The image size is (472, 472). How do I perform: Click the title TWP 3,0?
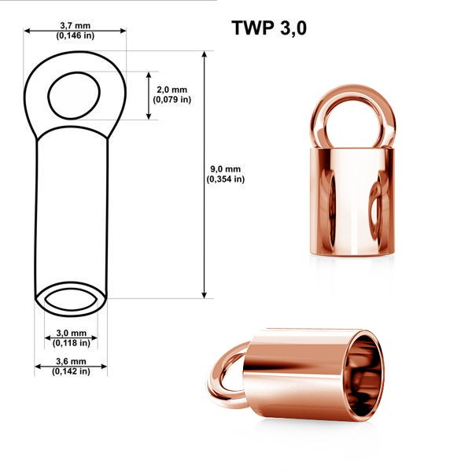269,28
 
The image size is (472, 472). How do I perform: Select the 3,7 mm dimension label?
76,26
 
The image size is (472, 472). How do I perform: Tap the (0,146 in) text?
76,35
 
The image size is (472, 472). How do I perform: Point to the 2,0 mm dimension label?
171,90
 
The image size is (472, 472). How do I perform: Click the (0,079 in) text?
171,99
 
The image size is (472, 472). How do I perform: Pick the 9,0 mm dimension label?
226,169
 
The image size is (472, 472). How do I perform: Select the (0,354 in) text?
226,179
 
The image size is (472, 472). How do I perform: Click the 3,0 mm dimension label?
72,333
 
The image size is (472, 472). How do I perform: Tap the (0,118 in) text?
72,343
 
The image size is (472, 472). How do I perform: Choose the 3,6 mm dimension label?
71,361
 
